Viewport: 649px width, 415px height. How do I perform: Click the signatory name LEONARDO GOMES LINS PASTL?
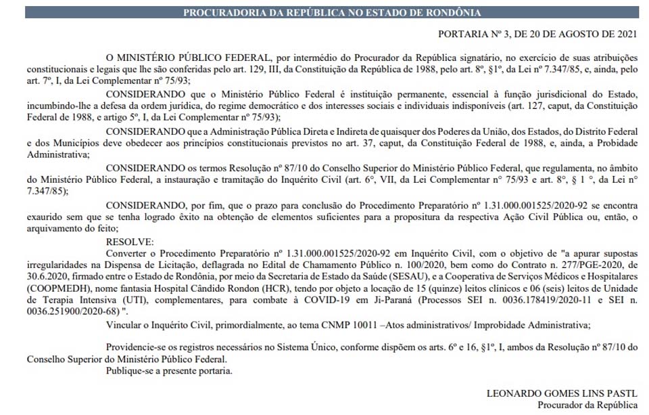coord(562,394)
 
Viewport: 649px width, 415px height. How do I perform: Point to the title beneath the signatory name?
coord(587,406)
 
